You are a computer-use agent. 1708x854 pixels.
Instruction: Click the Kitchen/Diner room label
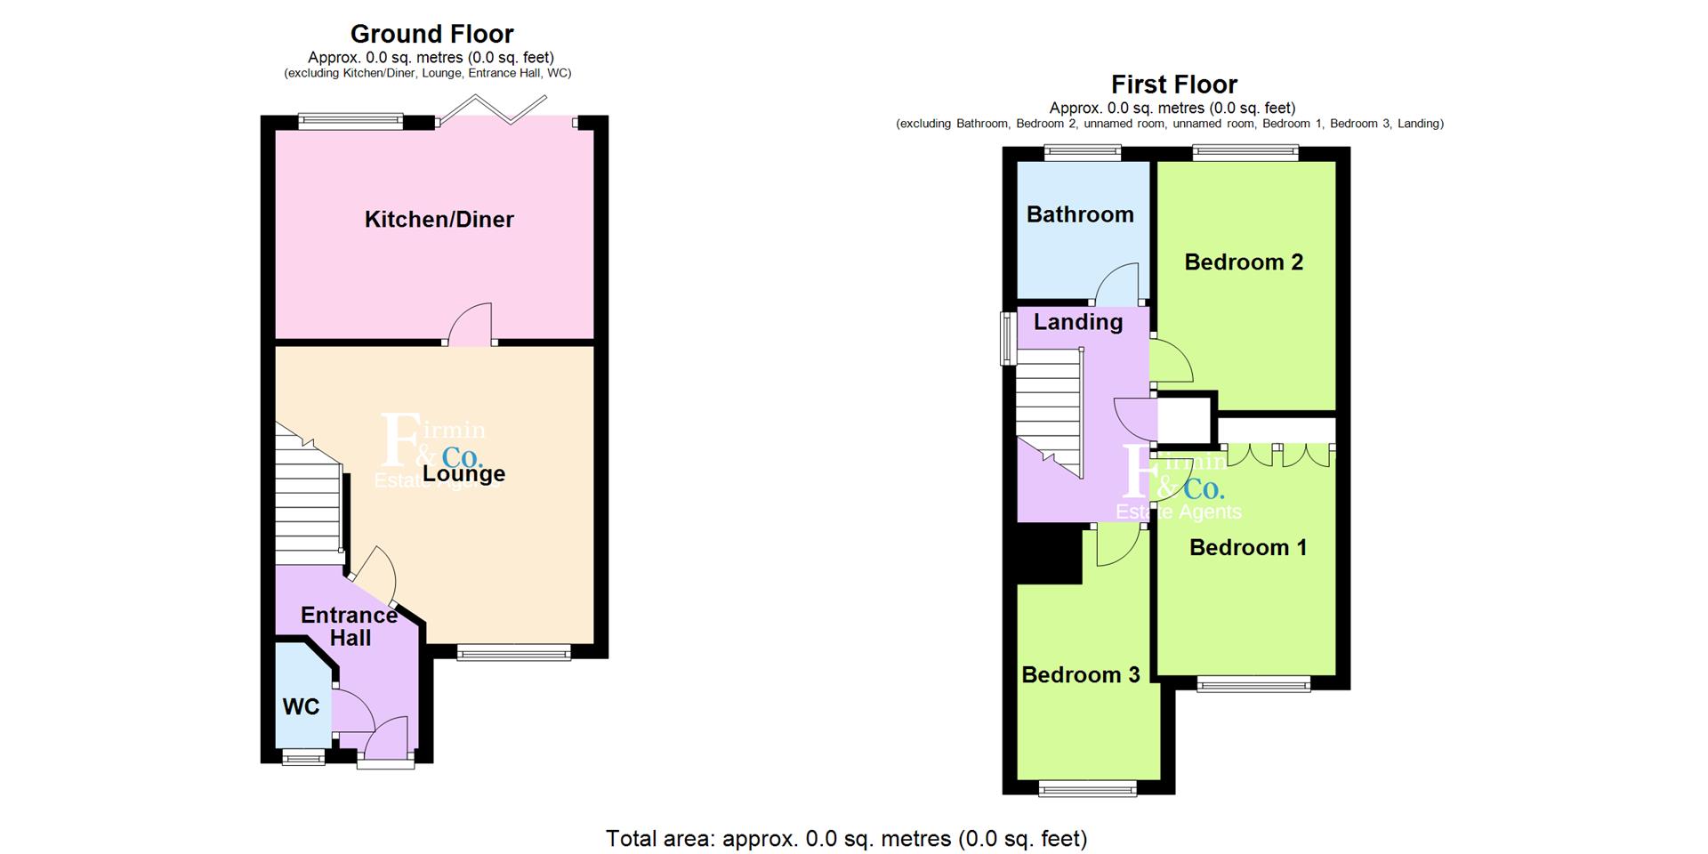point(439,220)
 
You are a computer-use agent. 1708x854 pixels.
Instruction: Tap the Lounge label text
point(463,473)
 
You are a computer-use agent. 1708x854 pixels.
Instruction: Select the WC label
point(301,707)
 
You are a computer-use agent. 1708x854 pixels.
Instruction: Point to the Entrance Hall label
point(350,626)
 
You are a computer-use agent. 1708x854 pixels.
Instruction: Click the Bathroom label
point(1080,214)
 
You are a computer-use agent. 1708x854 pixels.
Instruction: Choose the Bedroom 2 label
point(1244,262)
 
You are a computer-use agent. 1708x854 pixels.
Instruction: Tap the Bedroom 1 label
point(1248,547)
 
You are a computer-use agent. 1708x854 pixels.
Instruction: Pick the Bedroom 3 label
point(1080,675)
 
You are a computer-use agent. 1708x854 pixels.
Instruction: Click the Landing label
point(1078,322)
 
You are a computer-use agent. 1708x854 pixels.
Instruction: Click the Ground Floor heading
point(431,34)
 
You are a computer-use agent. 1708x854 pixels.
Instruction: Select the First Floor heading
point(1174,85)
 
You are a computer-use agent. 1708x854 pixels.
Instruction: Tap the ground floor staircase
point(308,495)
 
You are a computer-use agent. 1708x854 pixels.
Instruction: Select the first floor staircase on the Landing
point(1051,411)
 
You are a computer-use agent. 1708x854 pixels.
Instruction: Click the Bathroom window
point(1083,153)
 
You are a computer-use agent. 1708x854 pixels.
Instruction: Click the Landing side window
point(1008,338)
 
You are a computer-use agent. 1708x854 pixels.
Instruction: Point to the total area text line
point(846,838)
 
